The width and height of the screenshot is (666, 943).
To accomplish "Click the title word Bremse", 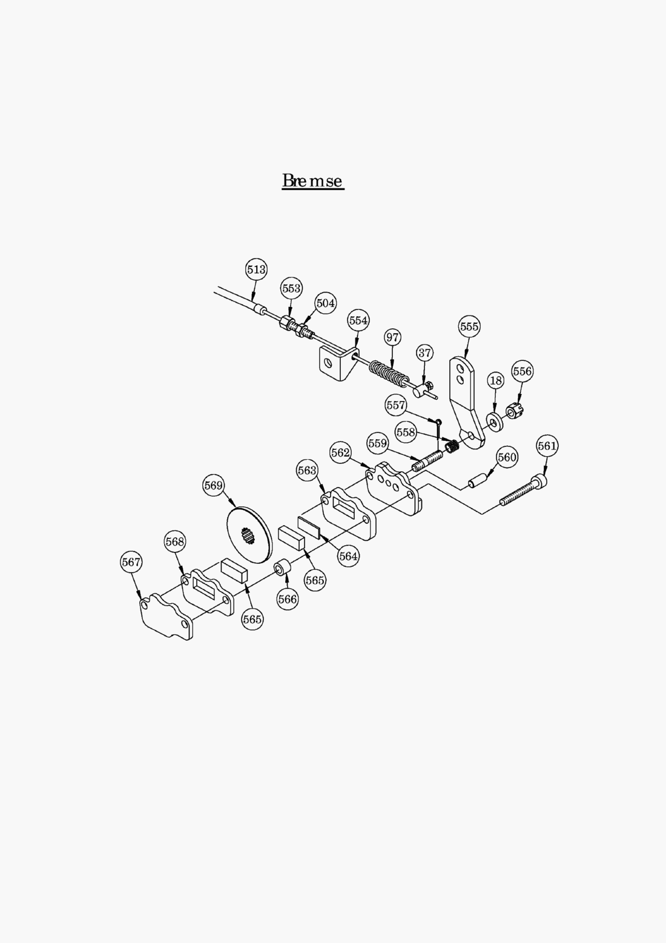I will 312,180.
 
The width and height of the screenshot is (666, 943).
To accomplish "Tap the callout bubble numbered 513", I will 256,270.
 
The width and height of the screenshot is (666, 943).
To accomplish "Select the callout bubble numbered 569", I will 214,486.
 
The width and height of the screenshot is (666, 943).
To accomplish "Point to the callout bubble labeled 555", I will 469,327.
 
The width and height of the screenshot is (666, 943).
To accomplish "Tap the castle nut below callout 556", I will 515,412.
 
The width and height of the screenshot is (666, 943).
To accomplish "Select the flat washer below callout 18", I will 495,422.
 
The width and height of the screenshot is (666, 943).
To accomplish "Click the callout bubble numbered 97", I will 393,337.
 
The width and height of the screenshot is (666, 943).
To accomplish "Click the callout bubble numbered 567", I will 131,562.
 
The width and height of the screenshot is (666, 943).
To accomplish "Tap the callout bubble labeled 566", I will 288,599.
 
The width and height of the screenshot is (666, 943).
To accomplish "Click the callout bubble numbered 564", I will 349,555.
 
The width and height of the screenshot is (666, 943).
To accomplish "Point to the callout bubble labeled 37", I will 425,352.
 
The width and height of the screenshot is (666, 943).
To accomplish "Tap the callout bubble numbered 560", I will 507,457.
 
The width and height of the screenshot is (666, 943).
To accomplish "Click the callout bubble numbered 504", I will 326,303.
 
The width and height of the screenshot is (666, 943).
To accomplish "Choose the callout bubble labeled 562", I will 340,452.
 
